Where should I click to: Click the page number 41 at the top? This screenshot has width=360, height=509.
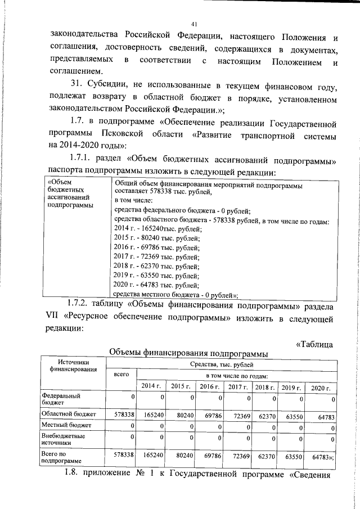194,24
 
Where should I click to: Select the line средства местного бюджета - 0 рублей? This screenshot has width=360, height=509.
175,295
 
